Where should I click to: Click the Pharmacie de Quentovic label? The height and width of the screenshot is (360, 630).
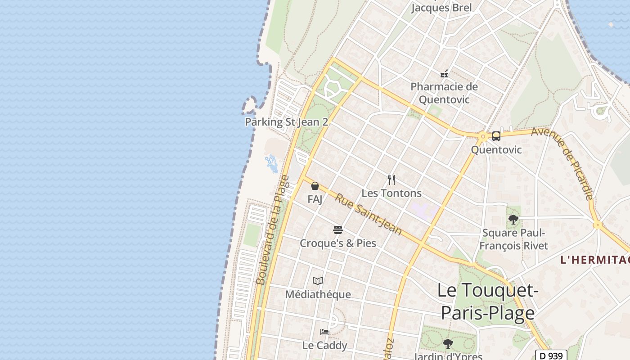click(444, 93)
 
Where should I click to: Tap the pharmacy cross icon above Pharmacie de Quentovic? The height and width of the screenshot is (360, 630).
click(444, 74)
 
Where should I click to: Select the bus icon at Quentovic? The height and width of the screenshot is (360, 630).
click(496, 136)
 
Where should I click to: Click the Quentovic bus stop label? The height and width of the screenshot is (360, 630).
click(496, 150)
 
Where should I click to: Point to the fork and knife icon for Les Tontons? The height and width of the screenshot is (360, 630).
click(391, 180)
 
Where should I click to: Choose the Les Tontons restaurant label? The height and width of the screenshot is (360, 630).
click(391, 193)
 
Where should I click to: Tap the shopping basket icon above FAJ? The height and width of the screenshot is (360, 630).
click(315, 186)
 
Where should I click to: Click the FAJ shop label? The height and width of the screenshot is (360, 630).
click(315, 199)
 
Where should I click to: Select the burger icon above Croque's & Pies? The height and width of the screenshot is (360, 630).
click(338, 230)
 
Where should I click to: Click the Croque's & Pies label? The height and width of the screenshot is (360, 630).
click(338, 243)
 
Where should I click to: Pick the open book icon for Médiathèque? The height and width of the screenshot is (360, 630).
click(318, 281)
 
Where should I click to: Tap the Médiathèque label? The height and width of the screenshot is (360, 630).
click(318, 294)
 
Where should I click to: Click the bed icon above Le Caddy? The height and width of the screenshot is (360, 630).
click(324, 332)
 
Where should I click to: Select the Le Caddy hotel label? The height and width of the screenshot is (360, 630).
click(324, 345)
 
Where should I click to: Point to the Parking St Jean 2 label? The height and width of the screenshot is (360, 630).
click(286, 122)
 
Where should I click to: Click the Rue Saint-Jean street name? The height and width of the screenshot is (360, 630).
click(369, 215)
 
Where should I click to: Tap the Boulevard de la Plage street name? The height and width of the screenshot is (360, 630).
click(273, 230)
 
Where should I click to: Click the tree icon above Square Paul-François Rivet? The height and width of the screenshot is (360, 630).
click(513, 220)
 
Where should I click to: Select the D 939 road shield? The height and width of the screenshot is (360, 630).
click(551, 355)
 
